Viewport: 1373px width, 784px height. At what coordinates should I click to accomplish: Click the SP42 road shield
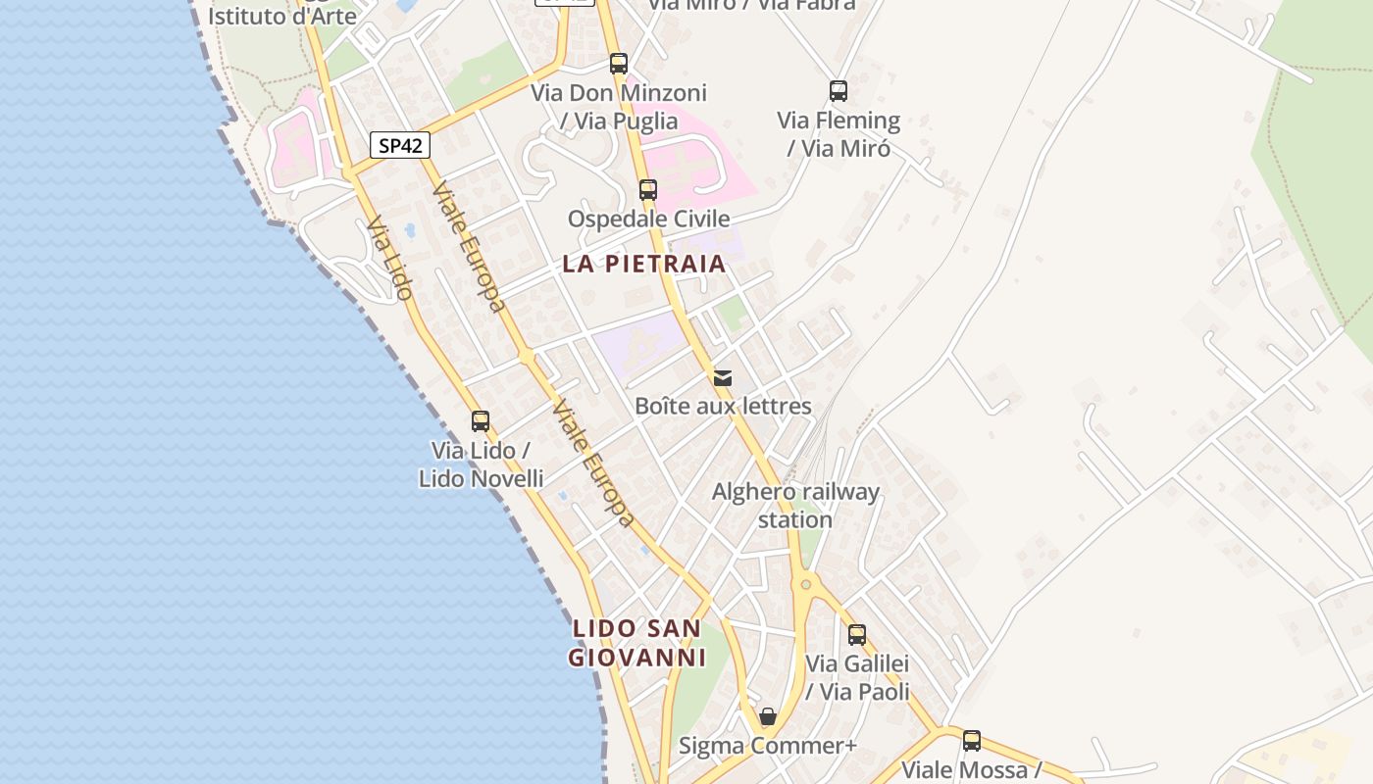400,145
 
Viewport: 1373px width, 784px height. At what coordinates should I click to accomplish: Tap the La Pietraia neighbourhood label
644,264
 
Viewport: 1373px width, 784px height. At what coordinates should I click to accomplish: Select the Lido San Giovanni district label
637,643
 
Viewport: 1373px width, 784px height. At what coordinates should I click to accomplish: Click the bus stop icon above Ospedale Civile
647,189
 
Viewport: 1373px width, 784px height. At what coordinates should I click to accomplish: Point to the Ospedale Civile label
649,219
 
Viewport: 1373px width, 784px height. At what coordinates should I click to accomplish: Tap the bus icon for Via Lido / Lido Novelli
480,421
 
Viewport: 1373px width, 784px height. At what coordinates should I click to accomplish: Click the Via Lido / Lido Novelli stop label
481,465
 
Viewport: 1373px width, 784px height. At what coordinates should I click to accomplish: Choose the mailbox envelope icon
723,377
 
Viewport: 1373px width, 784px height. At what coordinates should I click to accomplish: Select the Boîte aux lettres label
723,406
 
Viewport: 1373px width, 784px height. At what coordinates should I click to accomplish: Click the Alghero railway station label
795,506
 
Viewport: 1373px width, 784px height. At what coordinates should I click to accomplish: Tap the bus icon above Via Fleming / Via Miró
839,91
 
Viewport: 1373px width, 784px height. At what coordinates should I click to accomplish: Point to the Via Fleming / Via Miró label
839,134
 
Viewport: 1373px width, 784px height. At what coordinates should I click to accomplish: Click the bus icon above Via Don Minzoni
618,64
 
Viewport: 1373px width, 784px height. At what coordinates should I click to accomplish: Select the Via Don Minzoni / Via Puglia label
619,107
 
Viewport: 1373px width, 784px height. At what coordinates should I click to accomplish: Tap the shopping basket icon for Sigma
768,716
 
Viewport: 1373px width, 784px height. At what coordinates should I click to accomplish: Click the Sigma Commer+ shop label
768,746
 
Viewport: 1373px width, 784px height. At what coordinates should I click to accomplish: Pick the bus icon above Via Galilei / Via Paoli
857,635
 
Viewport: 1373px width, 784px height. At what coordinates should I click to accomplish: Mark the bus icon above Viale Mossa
971,741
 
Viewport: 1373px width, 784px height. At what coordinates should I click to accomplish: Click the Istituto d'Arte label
282,16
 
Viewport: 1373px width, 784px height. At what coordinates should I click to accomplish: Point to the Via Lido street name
389,259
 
